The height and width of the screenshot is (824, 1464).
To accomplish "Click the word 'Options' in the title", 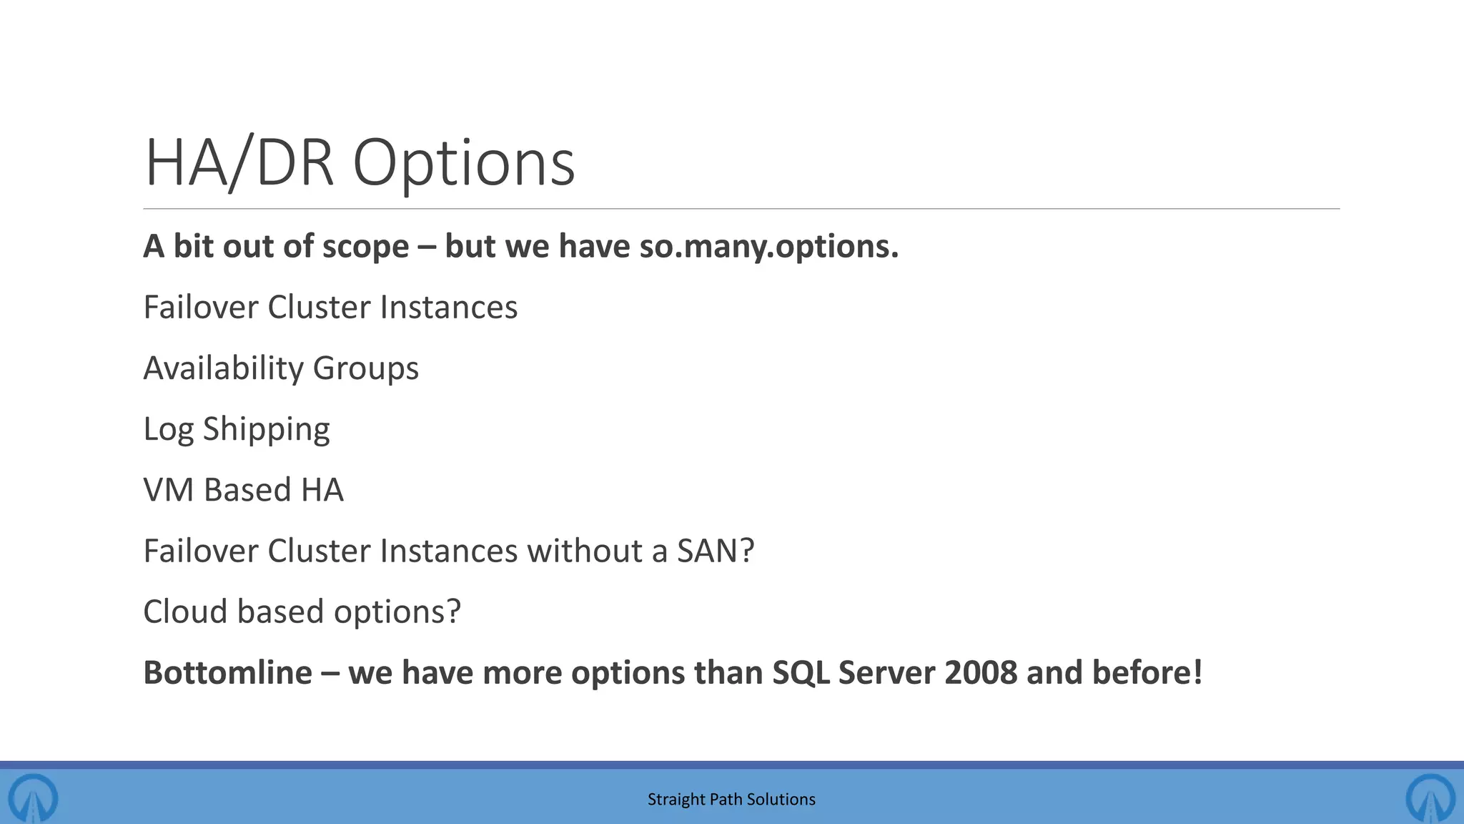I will tap(464, 165).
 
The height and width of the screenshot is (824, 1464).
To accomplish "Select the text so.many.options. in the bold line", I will tap(768, 247).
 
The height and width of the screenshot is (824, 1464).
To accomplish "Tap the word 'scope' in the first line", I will tap(365, 247).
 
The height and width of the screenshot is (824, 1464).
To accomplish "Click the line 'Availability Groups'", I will tap(281, 368).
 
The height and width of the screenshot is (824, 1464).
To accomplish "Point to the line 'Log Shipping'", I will tap(237, 429).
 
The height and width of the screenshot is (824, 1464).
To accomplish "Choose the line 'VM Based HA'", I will tap(243, 491).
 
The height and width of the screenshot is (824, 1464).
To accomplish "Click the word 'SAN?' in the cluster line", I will tap(716, 551).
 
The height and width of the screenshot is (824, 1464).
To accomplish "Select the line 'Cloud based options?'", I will tap(302, 612).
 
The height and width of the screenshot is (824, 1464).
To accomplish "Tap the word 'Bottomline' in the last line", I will tap(227, 673).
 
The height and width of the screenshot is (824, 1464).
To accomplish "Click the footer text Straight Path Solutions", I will tap(731, 800).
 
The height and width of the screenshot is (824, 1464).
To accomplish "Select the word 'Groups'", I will tap(365, 369).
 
